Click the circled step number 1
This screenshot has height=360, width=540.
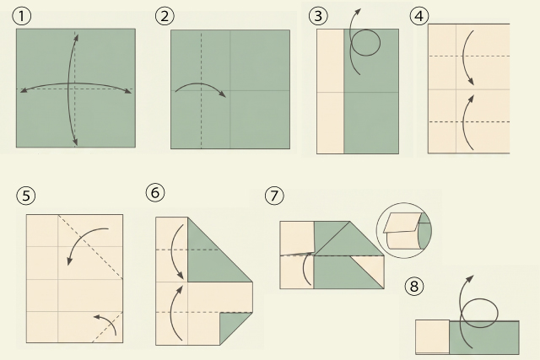tap(21, 16)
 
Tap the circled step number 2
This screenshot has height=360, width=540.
tap(165, 16)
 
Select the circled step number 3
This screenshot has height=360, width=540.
tap(318, 16)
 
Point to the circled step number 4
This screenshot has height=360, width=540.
tap(419, 16)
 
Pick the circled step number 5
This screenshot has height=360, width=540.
tap(26, 196)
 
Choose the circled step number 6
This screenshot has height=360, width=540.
tap(155, 192)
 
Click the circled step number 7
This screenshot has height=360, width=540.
tap(274, 196)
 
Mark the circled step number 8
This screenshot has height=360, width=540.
tap(414, 286)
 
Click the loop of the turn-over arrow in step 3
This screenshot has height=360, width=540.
tap(380, 43)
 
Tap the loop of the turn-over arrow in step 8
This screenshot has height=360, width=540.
tap(497, 313)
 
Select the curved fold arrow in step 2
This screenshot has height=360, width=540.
tap(201, 83)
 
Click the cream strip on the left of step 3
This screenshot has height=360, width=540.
tap(330, 91)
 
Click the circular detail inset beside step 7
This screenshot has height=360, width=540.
tap(404, 230)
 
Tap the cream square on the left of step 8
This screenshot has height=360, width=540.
tap(432, 336)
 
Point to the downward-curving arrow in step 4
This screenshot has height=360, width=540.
tap(466, 56)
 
